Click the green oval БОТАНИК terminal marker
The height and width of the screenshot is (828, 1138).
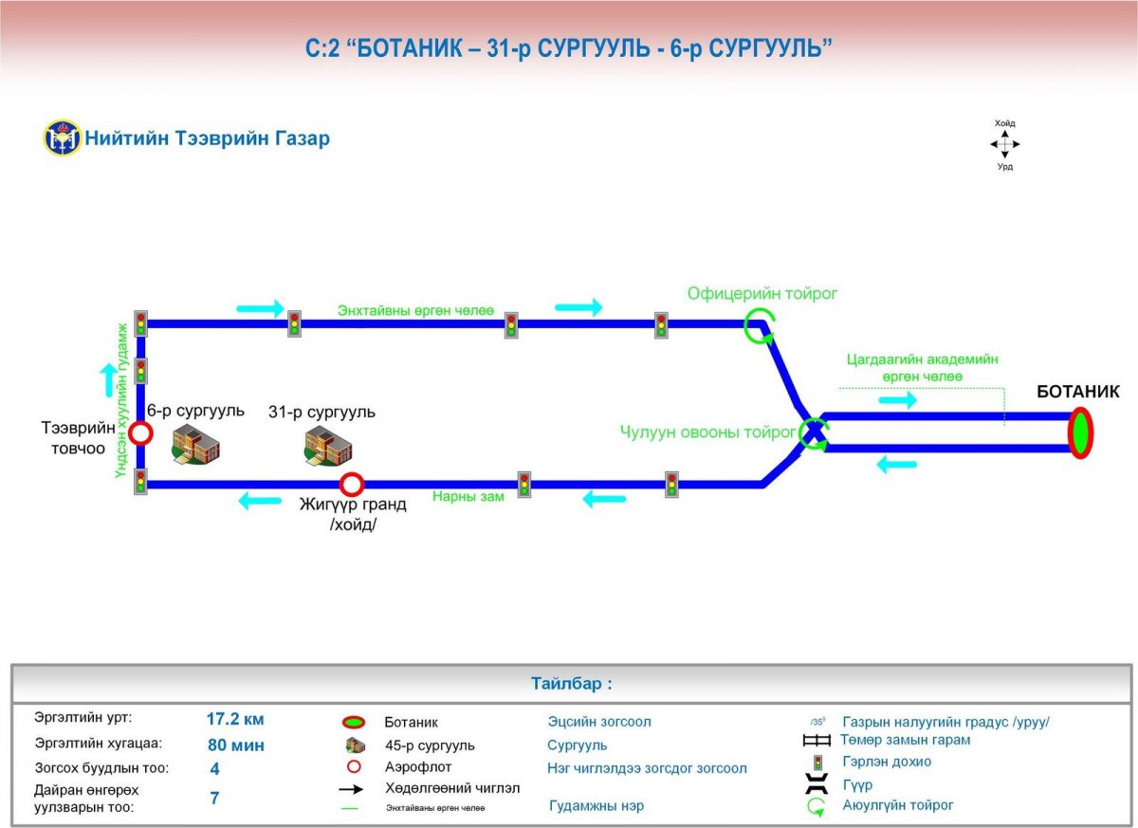[x=1079, y=432]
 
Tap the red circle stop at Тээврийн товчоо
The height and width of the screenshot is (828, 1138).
[x=140, y=433]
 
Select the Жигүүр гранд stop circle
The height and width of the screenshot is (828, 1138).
[x=352, y=485]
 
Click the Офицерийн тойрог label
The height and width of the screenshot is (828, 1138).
[x=762, y=293]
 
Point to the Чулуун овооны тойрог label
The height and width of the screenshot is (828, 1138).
[x=707, y=432]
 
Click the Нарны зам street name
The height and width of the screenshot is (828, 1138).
[x=468, y=495]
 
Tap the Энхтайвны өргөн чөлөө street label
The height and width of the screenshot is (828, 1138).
[x=416, y=310]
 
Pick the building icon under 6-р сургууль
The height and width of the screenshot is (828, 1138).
[x=195, y=444]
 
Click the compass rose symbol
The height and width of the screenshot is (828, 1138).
[x=1004, y=145]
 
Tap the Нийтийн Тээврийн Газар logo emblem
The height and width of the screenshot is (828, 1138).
[x=63, y=138]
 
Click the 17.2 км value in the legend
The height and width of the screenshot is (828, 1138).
[x=235, y=719]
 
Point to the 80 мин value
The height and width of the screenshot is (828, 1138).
[x=235, y=745]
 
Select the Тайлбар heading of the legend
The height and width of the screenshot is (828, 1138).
[x=572, y=683]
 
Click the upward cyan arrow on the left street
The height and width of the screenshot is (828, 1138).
[x=110, y=379]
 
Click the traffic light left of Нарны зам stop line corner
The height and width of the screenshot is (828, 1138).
[x=140, y=482]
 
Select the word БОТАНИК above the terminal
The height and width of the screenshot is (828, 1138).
[x=1077, y=392]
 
